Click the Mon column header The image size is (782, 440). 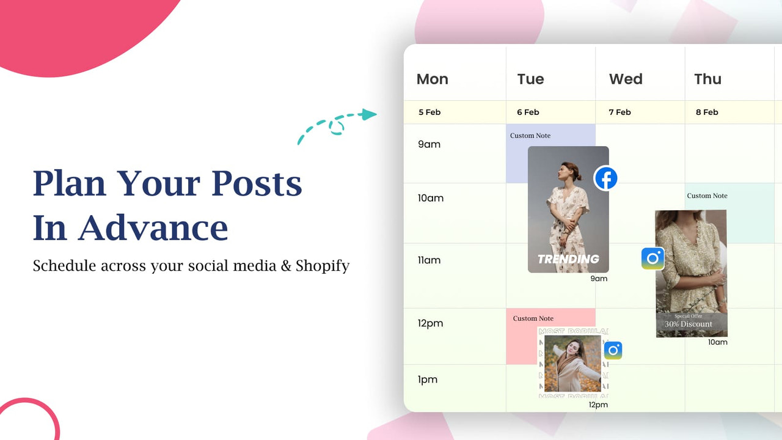432,79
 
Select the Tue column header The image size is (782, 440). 530,79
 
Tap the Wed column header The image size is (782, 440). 626,79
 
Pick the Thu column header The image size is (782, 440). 707,79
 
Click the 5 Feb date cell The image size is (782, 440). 429,112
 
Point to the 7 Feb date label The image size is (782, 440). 619,112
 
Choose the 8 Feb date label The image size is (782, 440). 707,112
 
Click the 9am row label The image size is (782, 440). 429,144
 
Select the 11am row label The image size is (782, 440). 429,260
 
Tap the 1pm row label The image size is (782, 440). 428,380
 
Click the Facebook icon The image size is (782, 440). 606,178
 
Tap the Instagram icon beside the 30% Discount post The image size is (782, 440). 652,258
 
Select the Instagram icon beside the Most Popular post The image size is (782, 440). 613,350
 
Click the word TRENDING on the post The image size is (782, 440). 568,259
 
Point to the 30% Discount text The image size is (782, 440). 689,324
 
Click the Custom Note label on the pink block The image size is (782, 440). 533,318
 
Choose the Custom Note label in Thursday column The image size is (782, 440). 707,196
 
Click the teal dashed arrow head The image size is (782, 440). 368,114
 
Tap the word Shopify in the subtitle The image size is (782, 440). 323,266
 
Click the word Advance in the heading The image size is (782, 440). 153,228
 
